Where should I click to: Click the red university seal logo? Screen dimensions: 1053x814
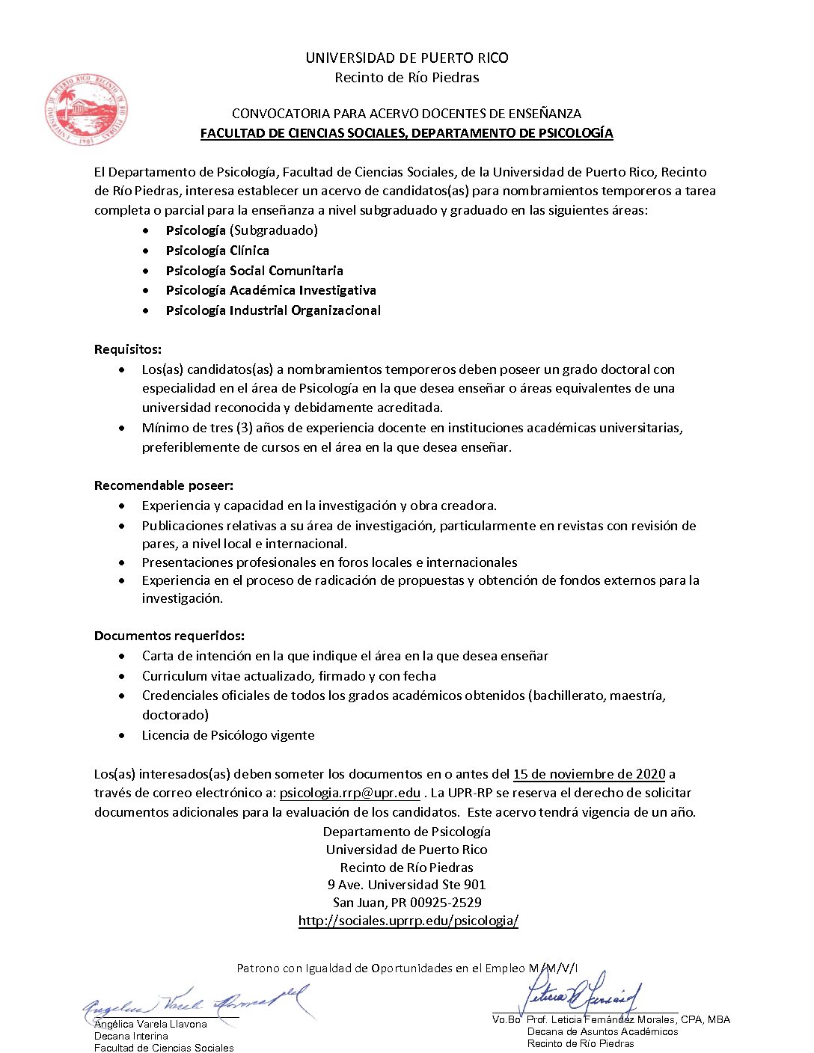pyautogui.click(x=86, y=109)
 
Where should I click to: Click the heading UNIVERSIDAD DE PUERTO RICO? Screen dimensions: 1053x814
pyautogui.click(x=406, y=58)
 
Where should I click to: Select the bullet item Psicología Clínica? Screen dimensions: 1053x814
pyautogui.click(x=217, y=251)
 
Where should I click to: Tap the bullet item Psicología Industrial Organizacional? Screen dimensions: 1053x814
pyautogui.click(x=273, y=310)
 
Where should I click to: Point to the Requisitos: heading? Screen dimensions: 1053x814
pyautogui.click(x=128, y=349)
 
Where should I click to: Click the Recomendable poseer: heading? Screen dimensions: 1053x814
pyautogui.click(x=164, y=485)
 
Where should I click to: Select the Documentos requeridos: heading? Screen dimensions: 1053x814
pyautogui.click(x=169, y=636)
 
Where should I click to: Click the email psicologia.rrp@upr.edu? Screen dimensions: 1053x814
pyautogui.click(x=349, y=793)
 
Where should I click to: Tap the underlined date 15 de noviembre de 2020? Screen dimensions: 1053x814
pyautogui.click(x=589, y=774)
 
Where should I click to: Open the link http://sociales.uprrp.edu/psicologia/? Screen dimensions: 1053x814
pyautogui.click(x=408, y=921)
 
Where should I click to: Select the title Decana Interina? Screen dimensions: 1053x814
pyautogui.click(x=131, y=1036)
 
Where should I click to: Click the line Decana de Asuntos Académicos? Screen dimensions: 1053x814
pyautogui.click(x=602, y=1031)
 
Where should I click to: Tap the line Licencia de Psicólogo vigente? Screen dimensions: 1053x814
pyautogui.click(x=228, y=735)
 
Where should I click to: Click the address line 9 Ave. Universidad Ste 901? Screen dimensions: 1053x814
pyautogui.click(x=406, y=885)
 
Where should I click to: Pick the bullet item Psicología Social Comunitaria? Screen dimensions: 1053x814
pyautogui.click(x=254, y=271)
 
